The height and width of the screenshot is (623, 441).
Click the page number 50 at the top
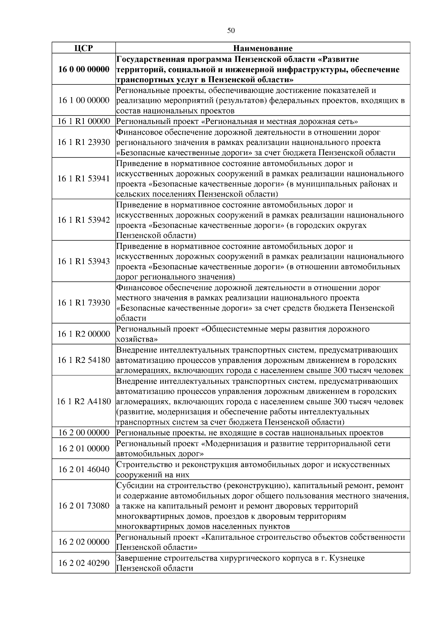coord(231,30)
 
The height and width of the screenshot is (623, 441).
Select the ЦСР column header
coord(83,48)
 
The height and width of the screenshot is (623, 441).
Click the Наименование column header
coord(263,48)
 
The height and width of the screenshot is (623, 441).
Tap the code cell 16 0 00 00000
coord(84,69)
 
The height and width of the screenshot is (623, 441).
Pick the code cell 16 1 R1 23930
coord(84,142)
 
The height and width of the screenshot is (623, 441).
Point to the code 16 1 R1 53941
coord(84,179)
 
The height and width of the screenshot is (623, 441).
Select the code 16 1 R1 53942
coord(84,220)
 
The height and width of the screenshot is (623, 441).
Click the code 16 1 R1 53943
coord(84,261)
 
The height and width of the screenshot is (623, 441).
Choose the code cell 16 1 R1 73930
coord(84,303)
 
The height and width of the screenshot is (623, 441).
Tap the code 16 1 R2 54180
coord(84,360)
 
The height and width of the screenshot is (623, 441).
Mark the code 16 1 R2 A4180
coord(84,401)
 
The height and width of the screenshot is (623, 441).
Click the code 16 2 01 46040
coord(84,469)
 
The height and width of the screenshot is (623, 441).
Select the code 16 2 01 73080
coord(84,506)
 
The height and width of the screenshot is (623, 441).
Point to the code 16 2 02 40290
coord(84,563)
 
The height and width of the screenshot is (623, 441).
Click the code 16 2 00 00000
coord(84,433)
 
